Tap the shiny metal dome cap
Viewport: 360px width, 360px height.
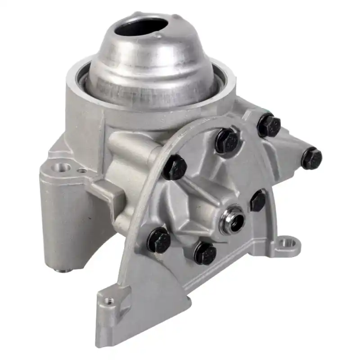tap(148, 67)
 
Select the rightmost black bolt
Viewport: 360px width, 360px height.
tap(311, 158)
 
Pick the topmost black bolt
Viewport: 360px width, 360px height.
tap(269, 125)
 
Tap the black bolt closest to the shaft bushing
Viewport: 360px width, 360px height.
tap(258, 200)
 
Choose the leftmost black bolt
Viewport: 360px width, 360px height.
tap(159, 240)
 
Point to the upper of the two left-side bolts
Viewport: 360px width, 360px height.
tap(174, 167)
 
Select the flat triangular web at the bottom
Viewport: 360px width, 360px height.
tap(148, 288)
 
